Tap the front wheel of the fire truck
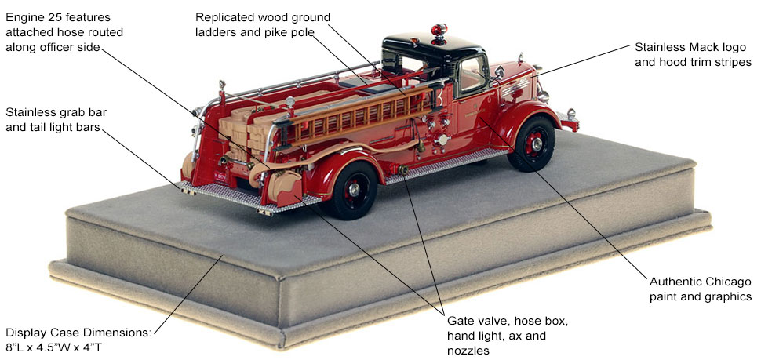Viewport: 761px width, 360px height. (530, 144)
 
